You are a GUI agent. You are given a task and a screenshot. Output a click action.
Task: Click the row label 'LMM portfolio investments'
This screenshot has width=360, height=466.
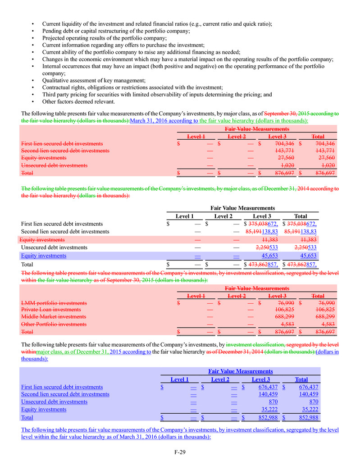point(54,303)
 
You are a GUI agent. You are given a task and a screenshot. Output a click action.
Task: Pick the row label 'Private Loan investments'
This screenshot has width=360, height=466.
point(51,310)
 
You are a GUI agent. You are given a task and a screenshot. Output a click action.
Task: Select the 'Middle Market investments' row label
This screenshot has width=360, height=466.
point(54,317)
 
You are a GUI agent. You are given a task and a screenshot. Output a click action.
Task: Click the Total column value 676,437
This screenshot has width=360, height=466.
point(309,387)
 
